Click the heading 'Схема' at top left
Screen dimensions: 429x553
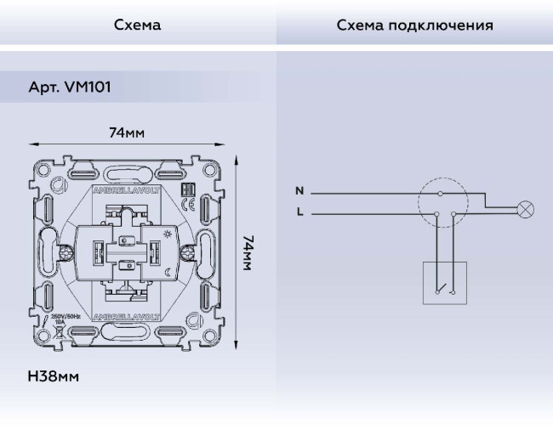click(137, 25)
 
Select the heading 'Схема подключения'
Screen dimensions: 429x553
click(414, 25)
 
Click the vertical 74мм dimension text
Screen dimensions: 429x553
click(248, 253)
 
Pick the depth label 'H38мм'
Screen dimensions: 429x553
click(52, 375)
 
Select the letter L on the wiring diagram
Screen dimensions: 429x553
click(299, 212)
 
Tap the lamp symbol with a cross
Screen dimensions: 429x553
click(527, 206)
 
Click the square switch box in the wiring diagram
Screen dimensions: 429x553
click(445, 282)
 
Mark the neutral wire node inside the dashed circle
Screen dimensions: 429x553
click(439, 194)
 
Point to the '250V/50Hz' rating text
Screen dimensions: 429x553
click(66, 316)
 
